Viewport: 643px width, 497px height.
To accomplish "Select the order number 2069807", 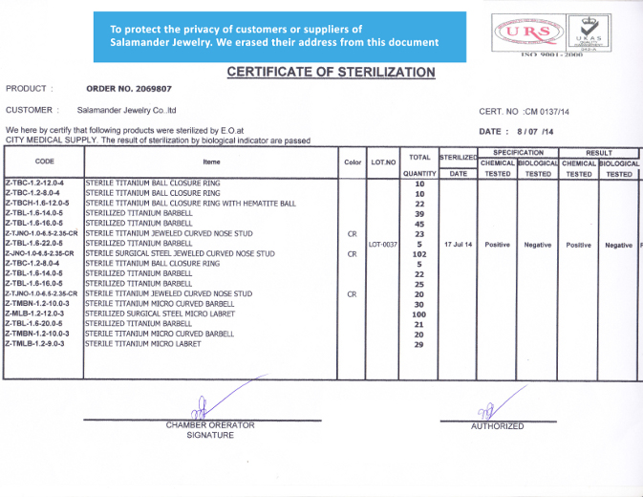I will click(129, 89).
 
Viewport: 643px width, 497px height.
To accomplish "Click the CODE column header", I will click(44, 162).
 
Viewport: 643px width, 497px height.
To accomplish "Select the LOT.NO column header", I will click(383, 162).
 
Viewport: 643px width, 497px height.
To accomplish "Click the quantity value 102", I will click(418, 254).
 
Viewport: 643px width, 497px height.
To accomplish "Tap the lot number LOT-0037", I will click(383, 245).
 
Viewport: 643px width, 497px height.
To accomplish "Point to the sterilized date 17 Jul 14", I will click(458, 245).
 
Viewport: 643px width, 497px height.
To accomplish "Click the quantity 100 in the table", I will click(418, 314).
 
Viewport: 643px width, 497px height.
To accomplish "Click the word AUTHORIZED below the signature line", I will click(497, 426).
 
